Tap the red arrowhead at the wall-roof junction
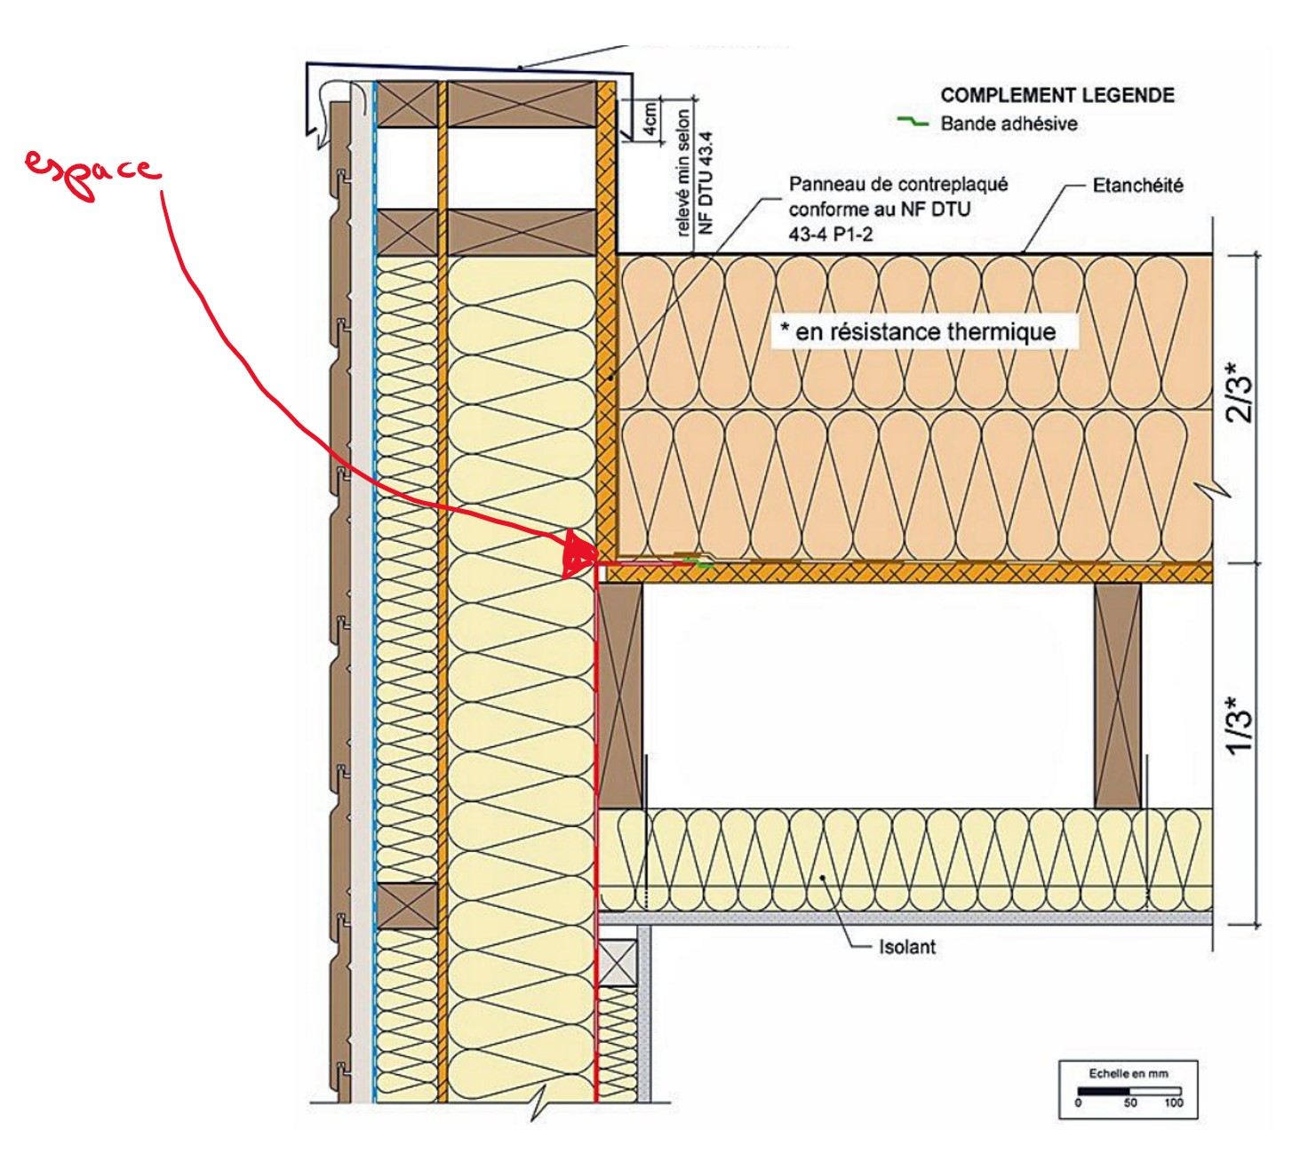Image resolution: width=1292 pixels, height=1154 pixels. coord(579,554)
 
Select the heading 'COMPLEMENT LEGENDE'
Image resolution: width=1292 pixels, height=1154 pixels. coord(1057,96)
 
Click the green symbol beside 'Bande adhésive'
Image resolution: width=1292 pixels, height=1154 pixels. coord(913,121)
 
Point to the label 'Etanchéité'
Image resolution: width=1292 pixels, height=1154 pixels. coord(1137,186)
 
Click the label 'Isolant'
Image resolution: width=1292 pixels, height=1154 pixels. coord(907,947)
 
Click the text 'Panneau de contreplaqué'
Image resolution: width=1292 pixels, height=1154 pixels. coord(897,184)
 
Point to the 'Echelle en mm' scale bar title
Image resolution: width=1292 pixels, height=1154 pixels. coord(1129,1074)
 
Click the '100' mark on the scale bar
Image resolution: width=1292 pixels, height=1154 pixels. coord(1174,1103)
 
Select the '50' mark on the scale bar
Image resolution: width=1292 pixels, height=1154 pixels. coord(1130,1103)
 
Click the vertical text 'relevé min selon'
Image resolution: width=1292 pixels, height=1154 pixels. coord(682,172)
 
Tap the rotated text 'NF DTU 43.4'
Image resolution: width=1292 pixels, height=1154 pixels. coord(706,183)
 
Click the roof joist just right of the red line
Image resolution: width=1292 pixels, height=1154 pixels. coord(620,696)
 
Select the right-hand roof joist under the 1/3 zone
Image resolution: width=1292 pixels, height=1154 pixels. coord(1117,696)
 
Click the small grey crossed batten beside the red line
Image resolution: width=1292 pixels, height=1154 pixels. coord(617,962)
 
